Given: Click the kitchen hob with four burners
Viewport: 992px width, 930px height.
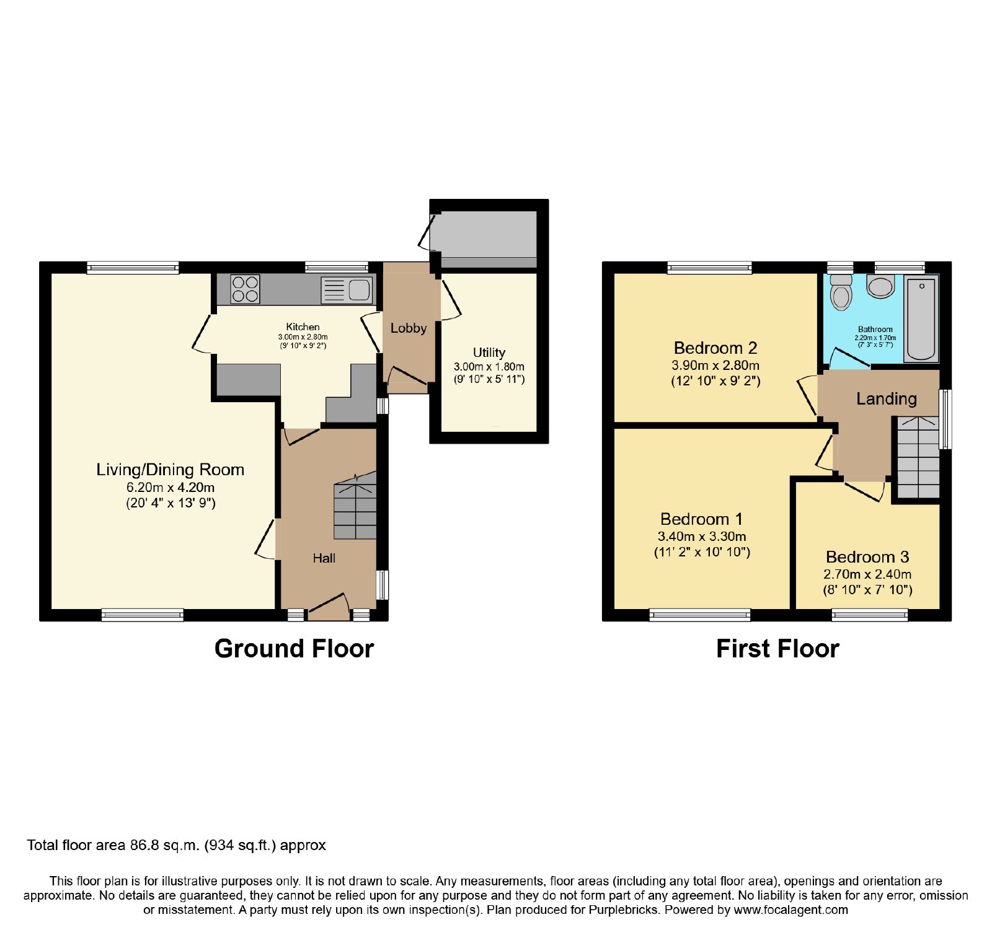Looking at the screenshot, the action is pyautogui.click(x=245, y=289).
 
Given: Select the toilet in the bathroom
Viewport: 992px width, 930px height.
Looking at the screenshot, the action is pyautogui.click(x=841, y=292).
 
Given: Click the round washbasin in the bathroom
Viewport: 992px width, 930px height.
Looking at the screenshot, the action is pyautogui.click(x=880, y=286).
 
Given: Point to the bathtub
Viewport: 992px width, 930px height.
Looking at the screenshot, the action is pyautogui.click(x=921, y=318).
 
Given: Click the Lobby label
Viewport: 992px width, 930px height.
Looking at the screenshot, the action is pyautogui.click(x=409, y=328).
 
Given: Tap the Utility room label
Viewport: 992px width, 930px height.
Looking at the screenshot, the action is pyautogui.click(x=489, y=353).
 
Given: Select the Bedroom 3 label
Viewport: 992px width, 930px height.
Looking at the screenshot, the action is pyautogui.click(x=867, y=556).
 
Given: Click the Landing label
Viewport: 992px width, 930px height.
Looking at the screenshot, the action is pyautogui.click(x=887, y=399).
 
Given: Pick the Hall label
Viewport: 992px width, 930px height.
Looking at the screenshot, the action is pyautogui.click(x=324, y=558).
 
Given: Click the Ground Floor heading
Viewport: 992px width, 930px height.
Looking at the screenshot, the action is pyautogui.click(x=294, y=649).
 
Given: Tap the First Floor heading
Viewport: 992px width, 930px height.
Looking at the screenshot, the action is pyautogui.click(x=777, y=649).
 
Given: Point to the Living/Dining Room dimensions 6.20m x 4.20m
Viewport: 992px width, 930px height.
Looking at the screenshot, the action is pyautogui.click(x=170, y=487).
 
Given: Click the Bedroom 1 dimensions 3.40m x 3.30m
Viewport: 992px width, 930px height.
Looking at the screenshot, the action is pyautogui.click(x=702, y=536).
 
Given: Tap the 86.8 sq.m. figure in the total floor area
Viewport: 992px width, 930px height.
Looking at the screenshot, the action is pyautogui.click(x=165, y=845).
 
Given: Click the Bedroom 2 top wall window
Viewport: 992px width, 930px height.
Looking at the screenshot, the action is pyautogui.click(x=710, y=268).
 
